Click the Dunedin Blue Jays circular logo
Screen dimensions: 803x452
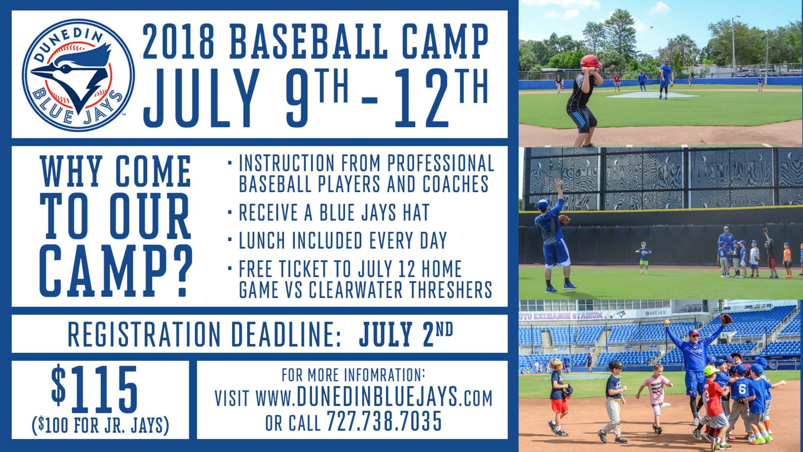tap(78, 75)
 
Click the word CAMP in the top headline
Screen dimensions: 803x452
tap(445, 41)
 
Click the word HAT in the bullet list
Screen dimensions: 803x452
tap(416, 213)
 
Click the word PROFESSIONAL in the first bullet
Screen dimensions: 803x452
tap(440, 163)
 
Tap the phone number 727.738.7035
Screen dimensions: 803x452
tap(384, 421)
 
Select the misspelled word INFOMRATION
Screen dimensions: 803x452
tap(384, 375)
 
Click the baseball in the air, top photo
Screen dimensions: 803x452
tap(651, 27)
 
